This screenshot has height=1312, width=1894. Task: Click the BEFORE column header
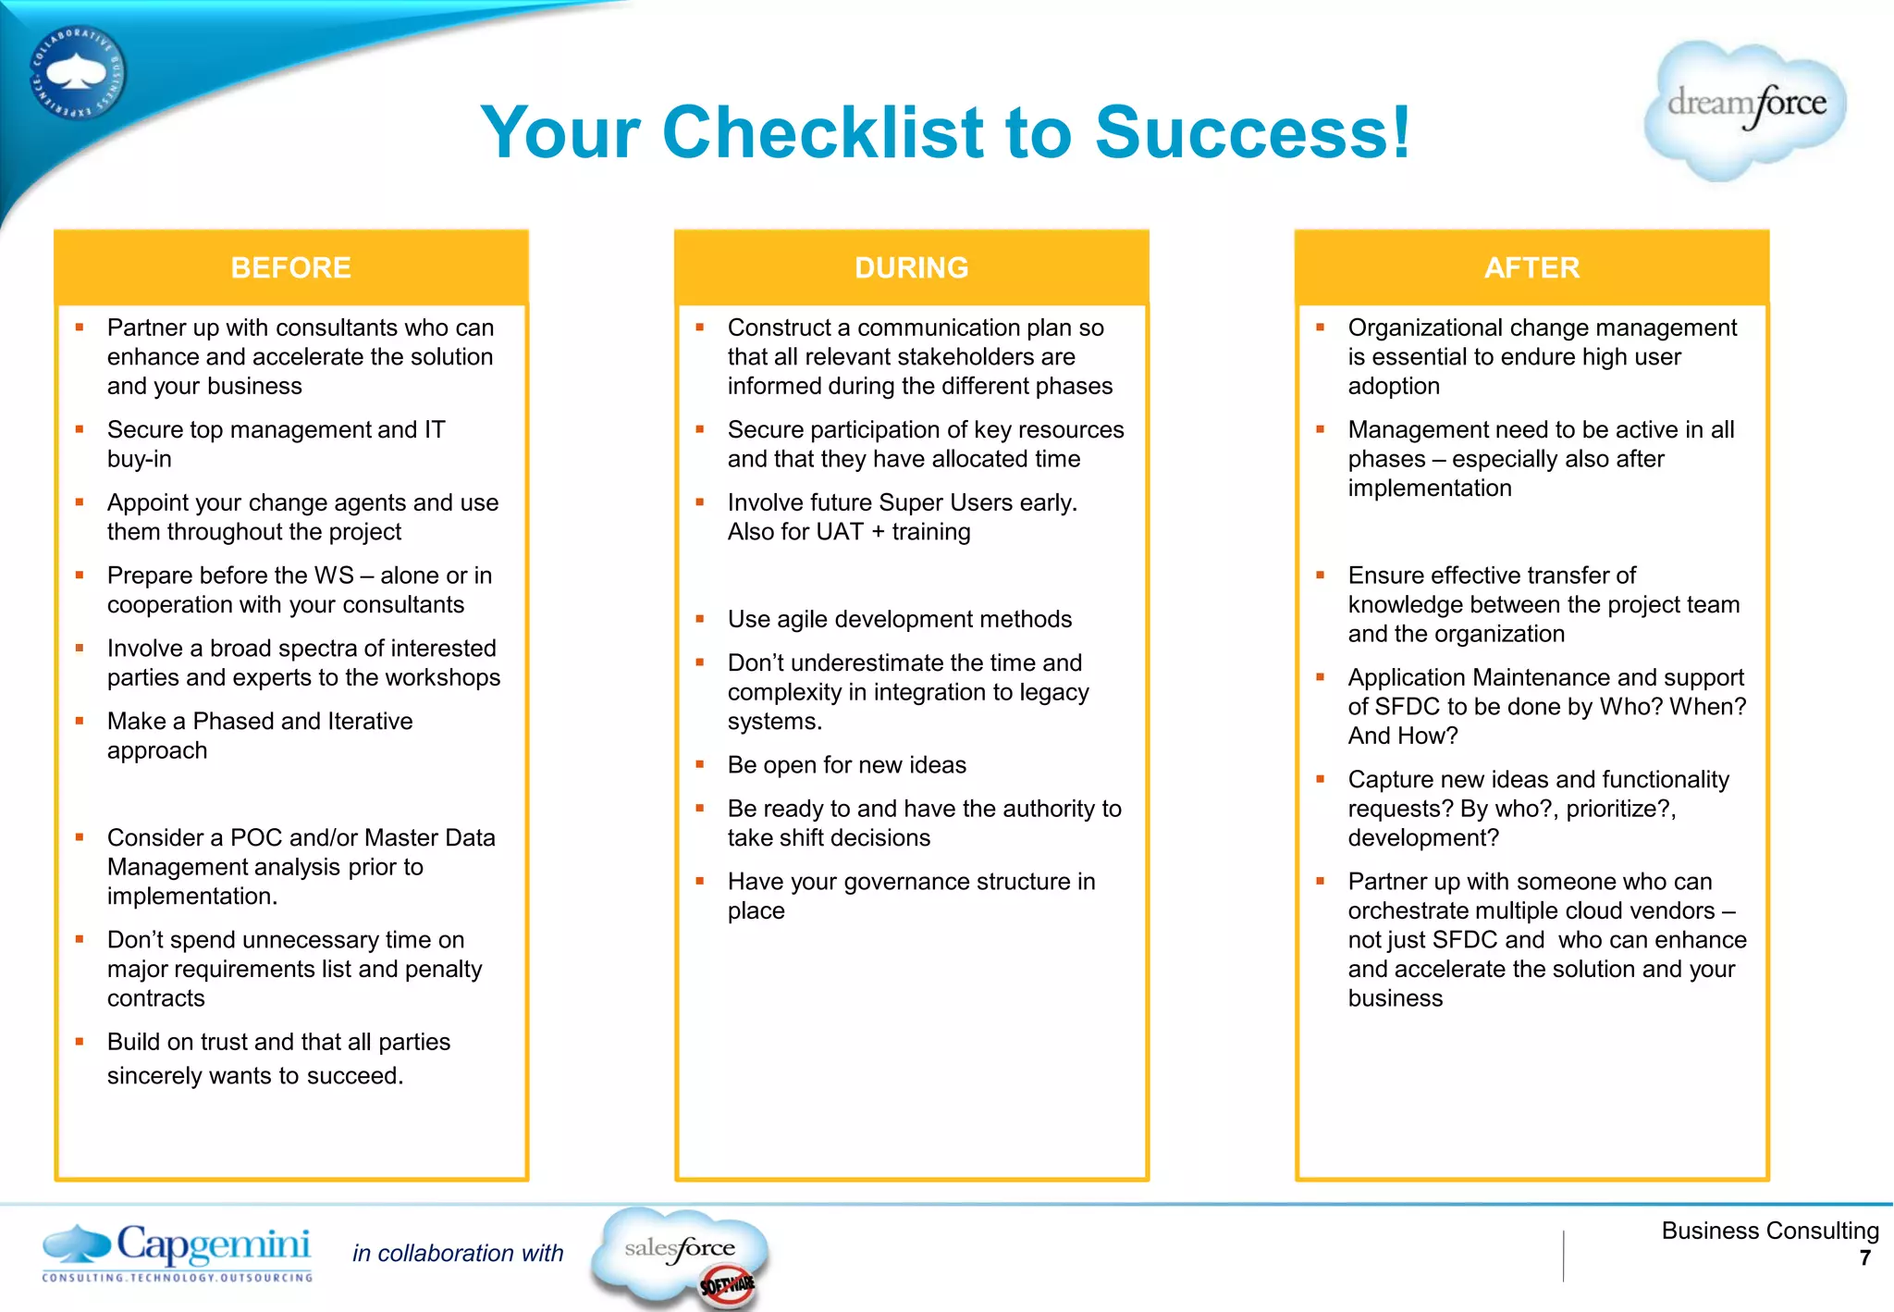(x=290, y=267)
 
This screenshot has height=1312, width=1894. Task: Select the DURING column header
(x=911, y=267)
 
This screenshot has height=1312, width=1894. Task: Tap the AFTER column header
(x=1531, y=267)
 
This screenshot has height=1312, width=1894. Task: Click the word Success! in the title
(x=1253, y=132)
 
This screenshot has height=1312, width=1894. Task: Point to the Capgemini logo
(x=178, y=1252)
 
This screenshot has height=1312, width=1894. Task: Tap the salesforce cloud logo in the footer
(x=680, y=1254)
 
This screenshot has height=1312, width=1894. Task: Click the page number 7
(x=1864, y=1258)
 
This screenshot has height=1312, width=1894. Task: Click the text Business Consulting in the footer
(x=1769, y=1231)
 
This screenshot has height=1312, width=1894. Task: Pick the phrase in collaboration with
(x=458, y=1253)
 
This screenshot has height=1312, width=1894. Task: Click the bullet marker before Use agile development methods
(x=700, y=619)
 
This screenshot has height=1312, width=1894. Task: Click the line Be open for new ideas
(x=846, y=765)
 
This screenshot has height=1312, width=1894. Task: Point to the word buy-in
(x=140, y=459)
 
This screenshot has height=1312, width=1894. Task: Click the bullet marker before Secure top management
(x=80, y=429)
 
